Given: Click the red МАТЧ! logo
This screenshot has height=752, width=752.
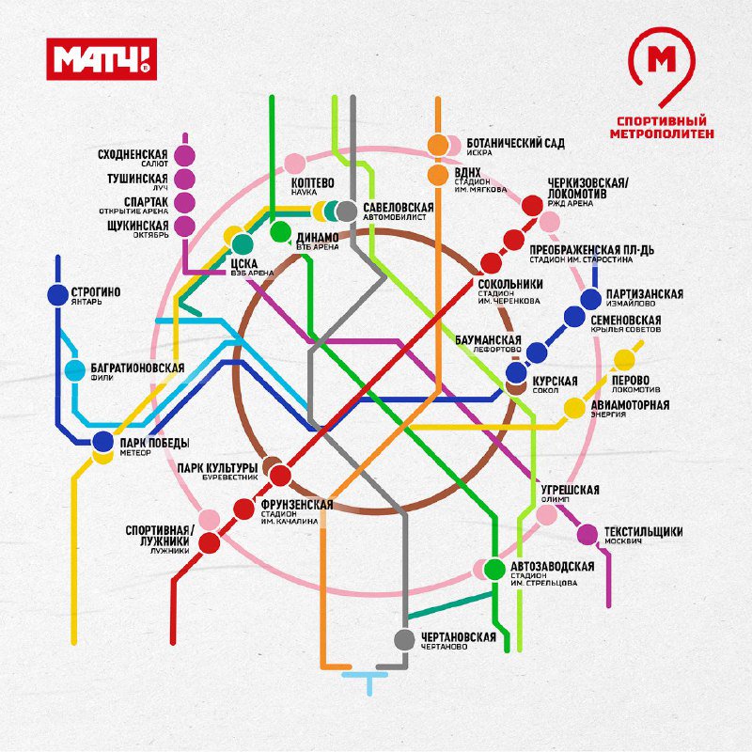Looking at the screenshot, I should (103, 58).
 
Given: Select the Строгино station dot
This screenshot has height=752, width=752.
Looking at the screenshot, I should (58, 295).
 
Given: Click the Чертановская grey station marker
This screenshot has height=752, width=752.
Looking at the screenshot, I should (404, 640).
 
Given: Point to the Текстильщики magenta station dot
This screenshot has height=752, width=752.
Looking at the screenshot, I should (587, 535).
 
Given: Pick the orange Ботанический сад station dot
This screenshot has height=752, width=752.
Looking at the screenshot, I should (438, 146).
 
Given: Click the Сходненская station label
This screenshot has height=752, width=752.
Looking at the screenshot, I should (132, 154).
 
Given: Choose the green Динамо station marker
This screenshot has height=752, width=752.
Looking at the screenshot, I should (280, 232).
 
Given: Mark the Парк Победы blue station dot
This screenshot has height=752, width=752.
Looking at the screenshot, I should (103, 442).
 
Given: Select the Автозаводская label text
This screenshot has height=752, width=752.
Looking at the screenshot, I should (552, 566).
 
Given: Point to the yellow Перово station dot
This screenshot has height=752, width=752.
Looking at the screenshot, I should (623, 361).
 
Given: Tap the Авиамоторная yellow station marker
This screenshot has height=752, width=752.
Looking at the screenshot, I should (574, 408).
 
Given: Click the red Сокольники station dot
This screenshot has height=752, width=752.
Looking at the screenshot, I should (491, 263).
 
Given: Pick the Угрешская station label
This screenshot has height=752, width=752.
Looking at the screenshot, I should (570, 490).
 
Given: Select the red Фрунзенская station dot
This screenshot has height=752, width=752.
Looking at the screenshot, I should (244, 509).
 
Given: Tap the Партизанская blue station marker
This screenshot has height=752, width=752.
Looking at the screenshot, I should (590, 299).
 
